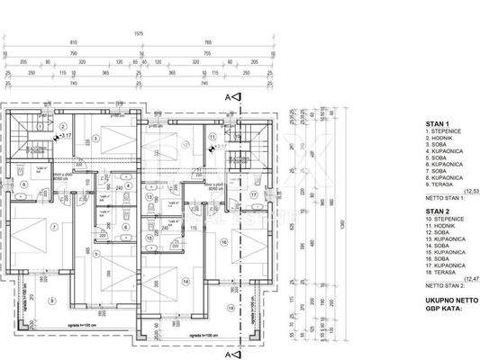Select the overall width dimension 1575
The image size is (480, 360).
click(139, 35)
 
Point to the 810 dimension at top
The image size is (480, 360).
click(72, 43)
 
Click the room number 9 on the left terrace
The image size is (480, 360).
click(50, 300)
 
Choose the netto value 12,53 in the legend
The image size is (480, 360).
click(471, 192)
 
